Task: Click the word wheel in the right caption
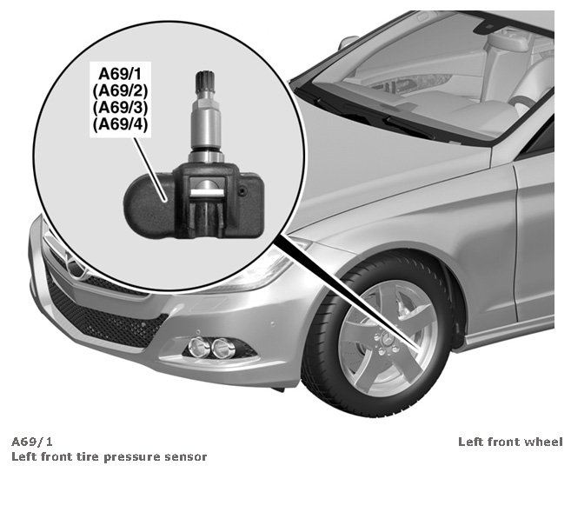[x=545, y=442]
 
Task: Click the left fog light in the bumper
[x=198, y=348]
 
